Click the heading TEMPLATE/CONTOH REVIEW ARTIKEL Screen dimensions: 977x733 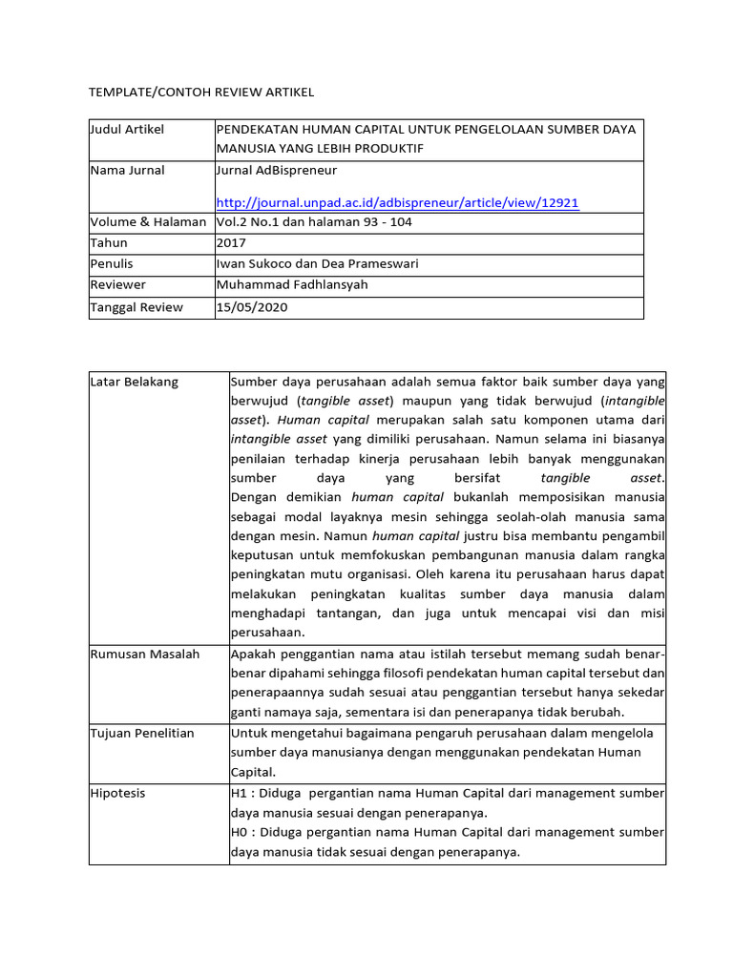pyautogui.click(x=200, y=92)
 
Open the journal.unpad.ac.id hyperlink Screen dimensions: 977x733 pyautogui.click(x=398, y=202)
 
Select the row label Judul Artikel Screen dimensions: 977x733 pyautogui.click(x=127, y=130)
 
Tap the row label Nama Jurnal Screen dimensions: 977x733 pyautogui.click(x=127, y=170)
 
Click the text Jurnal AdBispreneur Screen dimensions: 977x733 pyautogui.click(x=277, y=170)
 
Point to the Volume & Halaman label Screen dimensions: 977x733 pyautogui.click(x=148, y=221)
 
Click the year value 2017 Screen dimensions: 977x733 pyautogui.click(x=232, y=242)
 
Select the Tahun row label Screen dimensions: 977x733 pyautogui.click(x=108, y=242)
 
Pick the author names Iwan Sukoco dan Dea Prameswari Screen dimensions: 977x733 pyautogui.click(x=318, y=264)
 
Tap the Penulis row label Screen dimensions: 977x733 pyautogui.click(x=112, y=264)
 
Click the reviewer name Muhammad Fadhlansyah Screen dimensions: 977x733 pyautogui.click(x=291, y=285)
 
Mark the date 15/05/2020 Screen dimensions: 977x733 pyautogui.click(x=252, y=307)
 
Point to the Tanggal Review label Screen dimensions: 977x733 pyautogui.click(x=136, y=307)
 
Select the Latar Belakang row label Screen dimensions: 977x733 pyautogui.click(x=135, y=382)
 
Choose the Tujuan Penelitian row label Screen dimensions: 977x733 pyautogui.click(x=143, y=733)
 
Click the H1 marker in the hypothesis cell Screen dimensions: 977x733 pyautogui.click(x=240, y=793)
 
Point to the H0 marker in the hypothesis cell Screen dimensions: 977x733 pyautogui.click(x=240, y=833)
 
